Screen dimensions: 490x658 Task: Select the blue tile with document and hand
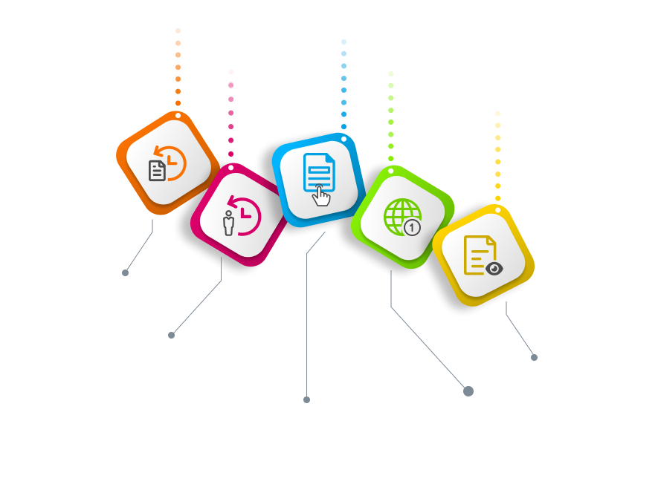pos(317,178)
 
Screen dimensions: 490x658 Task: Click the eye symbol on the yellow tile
pos(491,268)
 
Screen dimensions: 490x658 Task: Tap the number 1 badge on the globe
pos(412,228)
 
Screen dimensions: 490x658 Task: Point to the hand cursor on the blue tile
pos(321,195)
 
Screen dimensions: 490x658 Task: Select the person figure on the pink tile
pos(229,222)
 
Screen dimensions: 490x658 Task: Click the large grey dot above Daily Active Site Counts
pos(468,391)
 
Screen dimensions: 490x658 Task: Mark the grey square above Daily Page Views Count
pos(534,357)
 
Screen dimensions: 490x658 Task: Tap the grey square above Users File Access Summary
pos(306,399)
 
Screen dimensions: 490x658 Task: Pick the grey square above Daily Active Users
pos(171,335)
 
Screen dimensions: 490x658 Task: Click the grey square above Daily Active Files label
pos(126,272)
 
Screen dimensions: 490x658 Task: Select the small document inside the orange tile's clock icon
pos(157,171)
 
